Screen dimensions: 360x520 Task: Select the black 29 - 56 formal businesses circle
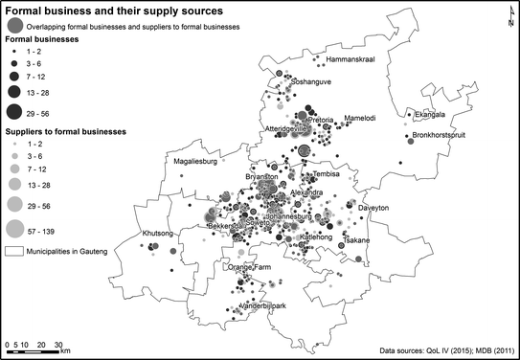[x=15, y=113]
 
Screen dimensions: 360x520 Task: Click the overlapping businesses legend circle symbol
[x=14, y=26]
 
